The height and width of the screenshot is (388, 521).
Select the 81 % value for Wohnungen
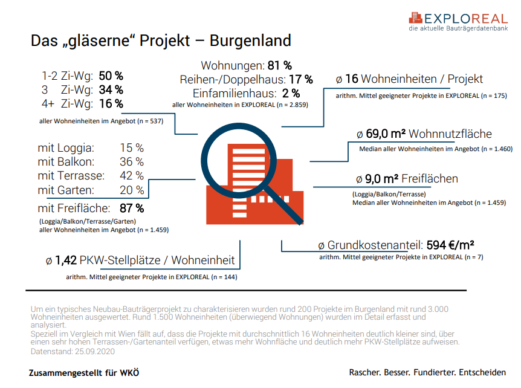pyautogui.click(x=279, y=65)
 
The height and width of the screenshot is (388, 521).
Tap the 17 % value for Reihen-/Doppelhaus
pyautogui.click(x=300, y=79)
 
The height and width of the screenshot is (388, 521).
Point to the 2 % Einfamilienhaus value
pyautogui.click(x=291, y=93)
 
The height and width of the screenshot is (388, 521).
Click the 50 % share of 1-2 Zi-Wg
pyautogui.click(x=111, y=76)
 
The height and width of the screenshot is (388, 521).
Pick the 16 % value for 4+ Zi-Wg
pyautogui.click(x=111, y=104)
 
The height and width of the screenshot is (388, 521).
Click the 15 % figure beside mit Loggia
pyautogui.click(x=132, y=147)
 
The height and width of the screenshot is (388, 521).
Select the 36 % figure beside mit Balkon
pyautogui.click(x=132, y=161)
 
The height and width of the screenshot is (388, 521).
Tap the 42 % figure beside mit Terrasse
pyautogui.click(x=132, y=176)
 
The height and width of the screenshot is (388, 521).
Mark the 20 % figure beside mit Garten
pyautogui.click(x=132, y=190)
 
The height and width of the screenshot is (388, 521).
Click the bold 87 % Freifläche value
pyautogui.click(x=132, y=209)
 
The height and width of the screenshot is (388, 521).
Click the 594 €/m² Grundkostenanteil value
pyautogui.click(x=450, y=245)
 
